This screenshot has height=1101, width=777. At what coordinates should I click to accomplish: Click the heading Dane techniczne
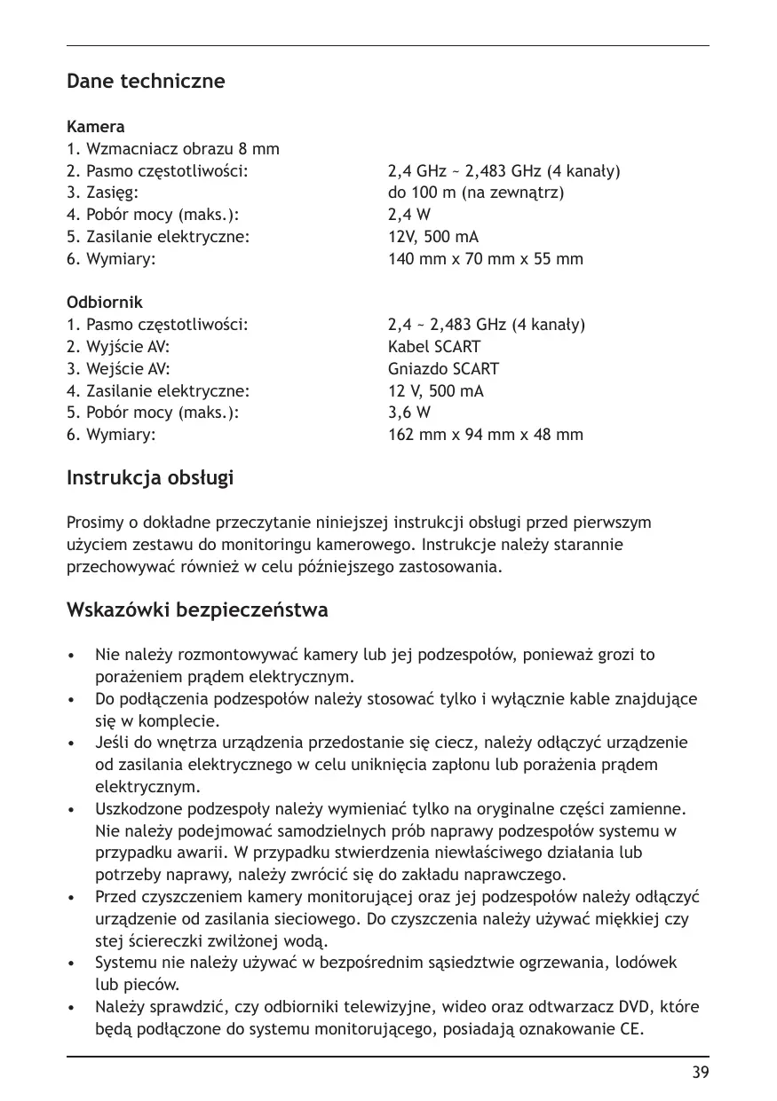point(146,82)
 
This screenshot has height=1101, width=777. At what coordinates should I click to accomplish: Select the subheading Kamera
point(96,127)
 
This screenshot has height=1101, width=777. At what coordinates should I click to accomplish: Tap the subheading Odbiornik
point(105,303)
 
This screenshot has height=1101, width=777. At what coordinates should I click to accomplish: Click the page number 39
point(701,1073)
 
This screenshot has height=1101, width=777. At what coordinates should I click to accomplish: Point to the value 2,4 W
point(409,215)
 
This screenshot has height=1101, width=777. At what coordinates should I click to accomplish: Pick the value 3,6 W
point(409,413)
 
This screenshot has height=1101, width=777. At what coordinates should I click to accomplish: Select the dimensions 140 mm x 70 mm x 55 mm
point(486,259)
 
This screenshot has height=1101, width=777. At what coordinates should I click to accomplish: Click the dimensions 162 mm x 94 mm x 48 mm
point(486,435)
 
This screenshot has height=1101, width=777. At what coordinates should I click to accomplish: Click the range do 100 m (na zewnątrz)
point(476,193)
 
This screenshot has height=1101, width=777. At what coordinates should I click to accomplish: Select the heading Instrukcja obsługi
point(150,478)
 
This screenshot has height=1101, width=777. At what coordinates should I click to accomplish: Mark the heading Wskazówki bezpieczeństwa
point(197,610)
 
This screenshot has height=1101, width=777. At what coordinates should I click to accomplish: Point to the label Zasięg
point(111,193)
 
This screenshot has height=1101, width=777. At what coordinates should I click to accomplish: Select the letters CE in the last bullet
point(628,1030)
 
